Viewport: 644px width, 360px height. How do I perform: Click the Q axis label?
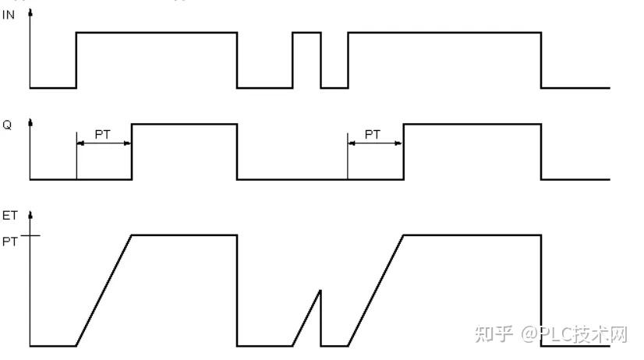pyautogui.click(x=7, y=125)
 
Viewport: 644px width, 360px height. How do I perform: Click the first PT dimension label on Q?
pyautogui.click(x=102, y=135)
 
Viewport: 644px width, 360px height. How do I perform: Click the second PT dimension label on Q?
pyautogui.click(x=373, y=135)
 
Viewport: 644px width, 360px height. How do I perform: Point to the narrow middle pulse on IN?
pyautogui.click(x=306, y=34)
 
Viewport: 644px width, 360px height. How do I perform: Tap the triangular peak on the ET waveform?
pyautogui.click(x=320, y=291)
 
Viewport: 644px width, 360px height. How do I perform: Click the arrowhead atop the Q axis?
pyautogui.click(x=30, y=123)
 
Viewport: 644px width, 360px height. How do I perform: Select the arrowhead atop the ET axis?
pyautogui.click(x=30, y=213)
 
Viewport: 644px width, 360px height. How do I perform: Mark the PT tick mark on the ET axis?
pyautogui.click(x=30, y=235)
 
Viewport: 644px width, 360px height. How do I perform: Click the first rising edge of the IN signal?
pyautogui.click(x=76, y=60)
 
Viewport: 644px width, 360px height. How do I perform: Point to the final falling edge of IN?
pyautogui.click(x=541, y=60)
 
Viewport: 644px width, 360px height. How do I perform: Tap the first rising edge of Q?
pyautogui.click(x=132, y=152)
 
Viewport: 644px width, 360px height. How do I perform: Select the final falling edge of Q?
pyautogui.click(x=541, y=152)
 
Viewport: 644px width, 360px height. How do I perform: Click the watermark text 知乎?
pyautogui.click(x=493, y=335)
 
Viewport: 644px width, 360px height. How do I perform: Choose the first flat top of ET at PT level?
pyautogui.click(x=184, y=235)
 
